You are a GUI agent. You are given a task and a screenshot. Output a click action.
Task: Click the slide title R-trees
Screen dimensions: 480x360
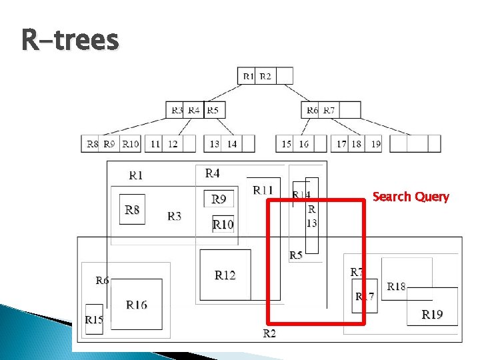point(70,39)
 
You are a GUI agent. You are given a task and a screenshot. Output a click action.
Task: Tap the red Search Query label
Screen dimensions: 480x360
point(411,197)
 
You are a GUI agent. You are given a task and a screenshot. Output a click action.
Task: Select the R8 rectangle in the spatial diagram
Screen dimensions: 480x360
point(132,209)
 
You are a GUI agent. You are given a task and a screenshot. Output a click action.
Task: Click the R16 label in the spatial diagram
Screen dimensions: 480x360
point(137,305)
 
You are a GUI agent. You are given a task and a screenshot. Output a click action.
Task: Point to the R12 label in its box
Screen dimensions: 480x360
point(225,275)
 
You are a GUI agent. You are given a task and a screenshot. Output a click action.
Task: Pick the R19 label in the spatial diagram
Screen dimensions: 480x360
point(432,314)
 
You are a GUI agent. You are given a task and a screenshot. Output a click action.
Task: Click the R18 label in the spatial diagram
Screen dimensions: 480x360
point(396,287)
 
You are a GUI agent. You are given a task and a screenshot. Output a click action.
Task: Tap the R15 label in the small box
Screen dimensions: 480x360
point(94,320)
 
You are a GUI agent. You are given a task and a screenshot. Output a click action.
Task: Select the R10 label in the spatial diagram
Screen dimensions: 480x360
point(223,225)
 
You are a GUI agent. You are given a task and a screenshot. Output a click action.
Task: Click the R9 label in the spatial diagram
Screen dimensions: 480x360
point(219,199)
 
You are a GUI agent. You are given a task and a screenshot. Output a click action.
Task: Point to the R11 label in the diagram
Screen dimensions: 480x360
point(263,190)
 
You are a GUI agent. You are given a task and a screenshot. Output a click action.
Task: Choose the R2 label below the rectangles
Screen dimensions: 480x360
point(269,333)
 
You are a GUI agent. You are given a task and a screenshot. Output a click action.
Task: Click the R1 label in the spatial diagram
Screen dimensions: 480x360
point(136,175)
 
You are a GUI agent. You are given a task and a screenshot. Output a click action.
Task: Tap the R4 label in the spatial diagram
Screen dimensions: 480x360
point(212,173)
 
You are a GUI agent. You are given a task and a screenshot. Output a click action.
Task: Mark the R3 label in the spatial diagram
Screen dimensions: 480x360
point(175,216)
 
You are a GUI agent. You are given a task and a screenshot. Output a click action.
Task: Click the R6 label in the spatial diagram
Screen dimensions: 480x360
point(102,281)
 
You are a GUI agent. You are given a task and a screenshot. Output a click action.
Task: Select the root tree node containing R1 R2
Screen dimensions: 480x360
point(265,76)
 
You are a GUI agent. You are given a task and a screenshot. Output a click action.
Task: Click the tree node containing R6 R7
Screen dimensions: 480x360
point(331,110)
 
